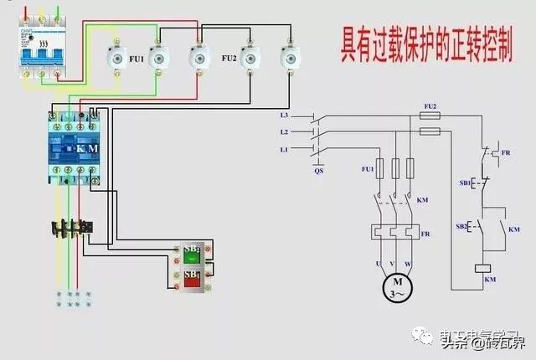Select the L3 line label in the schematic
(285, 115)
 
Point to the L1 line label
(285, 149)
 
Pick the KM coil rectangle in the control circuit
(483, 267)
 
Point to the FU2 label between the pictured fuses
(228, 59)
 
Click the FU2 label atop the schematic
(430, 106)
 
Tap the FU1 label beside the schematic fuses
(367, 169)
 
